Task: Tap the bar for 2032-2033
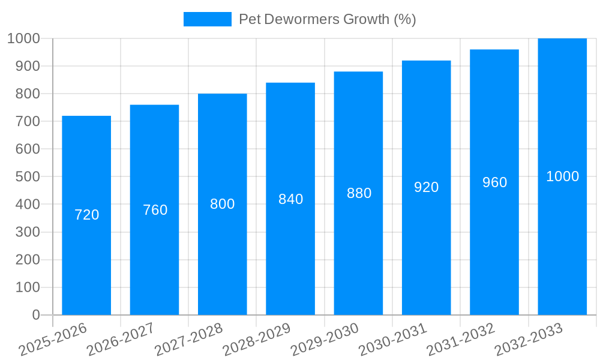(x=562, y=240)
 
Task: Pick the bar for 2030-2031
(x=426, y=252)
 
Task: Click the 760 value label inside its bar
(x=155, y=210)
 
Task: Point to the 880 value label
(x=359, y=193)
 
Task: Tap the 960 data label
(x=494, y=182)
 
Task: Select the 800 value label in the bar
(x=222, y=204)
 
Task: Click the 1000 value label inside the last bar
(x=562, y=176)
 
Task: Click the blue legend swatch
(x=207, y=19)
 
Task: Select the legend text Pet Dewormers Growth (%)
(x=327, y=19)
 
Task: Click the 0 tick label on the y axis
(x=35, y=315)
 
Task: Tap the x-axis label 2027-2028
(x=189, y=340)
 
